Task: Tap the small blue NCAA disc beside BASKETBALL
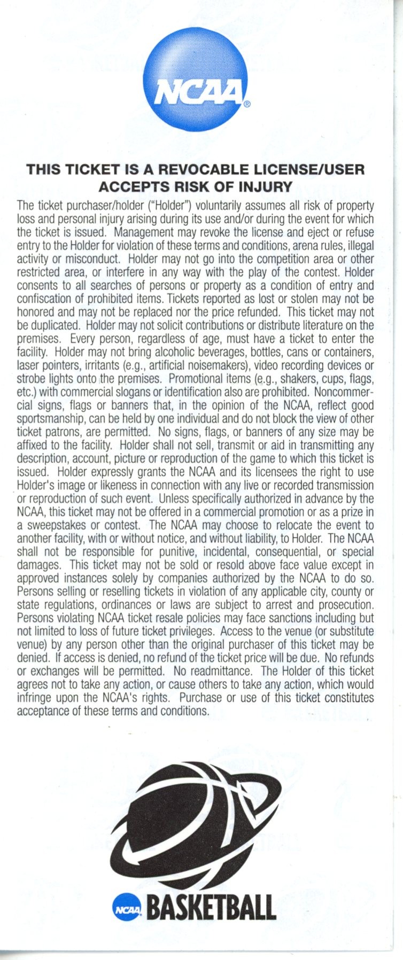pyautogui.click(x=127, y=908)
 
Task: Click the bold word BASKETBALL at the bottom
pyautogui.click(x=211, y=908)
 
